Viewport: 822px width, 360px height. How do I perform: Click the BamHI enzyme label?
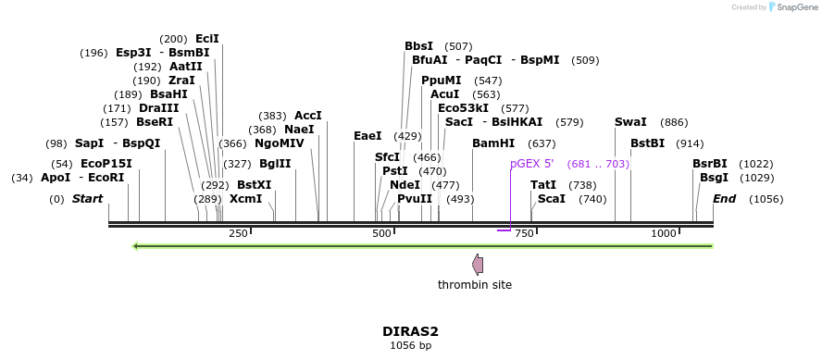[492, 143]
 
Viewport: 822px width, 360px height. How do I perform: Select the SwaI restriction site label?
[630, 122]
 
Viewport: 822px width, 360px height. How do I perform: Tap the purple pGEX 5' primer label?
[531, 164]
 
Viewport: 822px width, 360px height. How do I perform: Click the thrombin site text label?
[475, 285]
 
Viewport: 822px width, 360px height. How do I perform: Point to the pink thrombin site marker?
[478, 265]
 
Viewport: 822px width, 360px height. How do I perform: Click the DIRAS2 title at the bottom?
[410, 330]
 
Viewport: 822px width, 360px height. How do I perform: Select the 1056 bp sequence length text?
[410, 345]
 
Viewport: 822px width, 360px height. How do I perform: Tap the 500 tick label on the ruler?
[382, 233]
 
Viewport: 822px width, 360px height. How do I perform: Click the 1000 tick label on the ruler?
[664, 233]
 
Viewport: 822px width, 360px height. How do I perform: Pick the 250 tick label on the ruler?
[238, 233]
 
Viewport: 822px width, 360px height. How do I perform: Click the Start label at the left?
[87, 199]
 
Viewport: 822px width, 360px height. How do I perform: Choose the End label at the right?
[724, 199]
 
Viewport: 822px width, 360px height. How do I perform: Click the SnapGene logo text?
[795, 7]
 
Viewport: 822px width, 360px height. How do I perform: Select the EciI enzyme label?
[207, 39]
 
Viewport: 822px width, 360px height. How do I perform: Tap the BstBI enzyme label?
[647, 143]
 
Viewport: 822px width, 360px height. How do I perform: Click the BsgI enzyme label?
[714, 178]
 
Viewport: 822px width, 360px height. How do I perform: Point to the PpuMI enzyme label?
[441, 81]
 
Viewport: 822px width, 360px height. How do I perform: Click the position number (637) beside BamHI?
[542, 143]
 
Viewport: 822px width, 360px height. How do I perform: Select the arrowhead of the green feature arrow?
[137, 246]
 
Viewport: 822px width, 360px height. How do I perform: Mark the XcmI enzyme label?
[245, 199]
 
